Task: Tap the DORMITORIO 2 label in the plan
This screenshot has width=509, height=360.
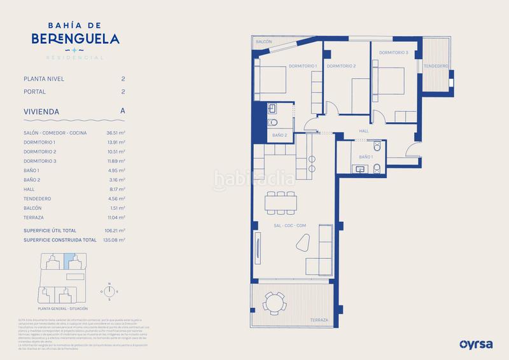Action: click(x=341, y=66)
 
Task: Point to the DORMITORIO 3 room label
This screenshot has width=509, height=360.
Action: click(x=393, y=52)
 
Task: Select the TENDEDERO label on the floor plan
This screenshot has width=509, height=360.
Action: click(x=437, y=66)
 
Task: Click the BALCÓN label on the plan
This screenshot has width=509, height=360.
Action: click(x=264, y=42)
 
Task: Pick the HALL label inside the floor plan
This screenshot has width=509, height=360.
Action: click(x=364, y=131)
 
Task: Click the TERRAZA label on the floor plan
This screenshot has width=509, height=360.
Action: click(x=319, y=319)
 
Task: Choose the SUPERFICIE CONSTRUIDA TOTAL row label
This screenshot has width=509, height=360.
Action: click(x=60, y=240)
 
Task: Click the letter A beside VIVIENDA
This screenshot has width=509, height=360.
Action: click(x=122, y=111)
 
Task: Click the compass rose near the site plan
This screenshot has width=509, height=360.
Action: click(x=109, y=290)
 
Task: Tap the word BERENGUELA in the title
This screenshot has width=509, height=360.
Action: click(x=76, y=38)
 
